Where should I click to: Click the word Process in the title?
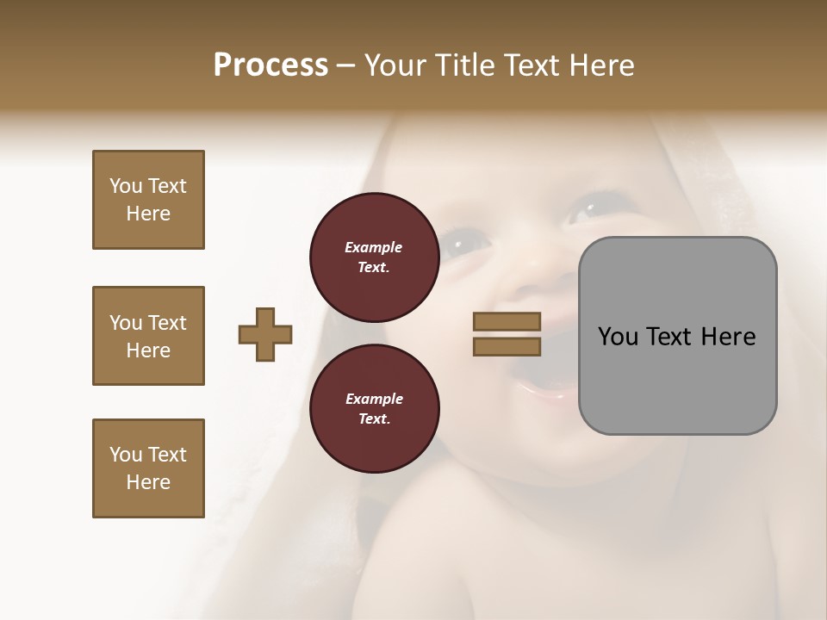click(270, 65)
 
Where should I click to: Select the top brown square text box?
click(148, 200)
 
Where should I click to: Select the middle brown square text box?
click(148, 336)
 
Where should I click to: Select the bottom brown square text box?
click(148, 468)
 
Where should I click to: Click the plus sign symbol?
click(265, 334)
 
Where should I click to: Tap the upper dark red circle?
click(374, 257)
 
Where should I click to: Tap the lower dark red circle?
click(374, 409)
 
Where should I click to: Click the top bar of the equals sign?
click(507, 321)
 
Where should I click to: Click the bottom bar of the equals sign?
click(507, 347)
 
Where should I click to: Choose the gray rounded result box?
click(677, 336)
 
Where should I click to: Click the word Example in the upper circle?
click(374, 248)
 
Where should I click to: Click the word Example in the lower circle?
click(374, 400)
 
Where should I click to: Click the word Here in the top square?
click(148, 214)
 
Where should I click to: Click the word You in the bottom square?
click(126, 455)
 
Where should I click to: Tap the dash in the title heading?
click(346, 65)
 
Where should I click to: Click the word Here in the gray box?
click(728, 337)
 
